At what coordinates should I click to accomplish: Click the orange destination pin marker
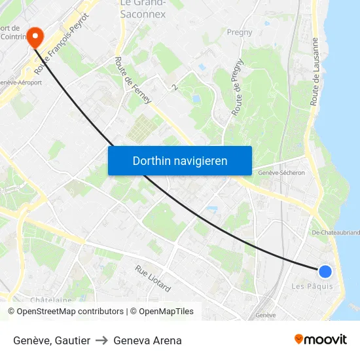click(x=34, y=36)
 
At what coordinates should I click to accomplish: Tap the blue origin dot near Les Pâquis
click(x=325, y=272)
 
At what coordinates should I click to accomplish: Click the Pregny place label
click(x=239, y=31)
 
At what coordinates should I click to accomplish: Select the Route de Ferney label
click(x=133, y=81)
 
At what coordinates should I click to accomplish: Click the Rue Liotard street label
click(x=153, y=278)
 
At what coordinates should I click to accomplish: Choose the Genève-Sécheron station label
click(x=281, y=173)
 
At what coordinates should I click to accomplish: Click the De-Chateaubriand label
click(x=335, y=232)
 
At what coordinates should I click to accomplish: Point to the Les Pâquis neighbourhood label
click(x=312, y=286)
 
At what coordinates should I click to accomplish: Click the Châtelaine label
click(x=50, y=300)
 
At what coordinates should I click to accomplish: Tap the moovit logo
click(x=320, y=340)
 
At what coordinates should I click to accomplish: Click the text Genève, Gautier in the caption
click(x=52, y=340)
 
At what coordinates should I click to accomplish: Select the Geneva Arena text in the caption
click(x=147, y=340)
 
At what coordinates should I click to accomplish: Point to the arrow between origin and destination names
click(x=101, y=340)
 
